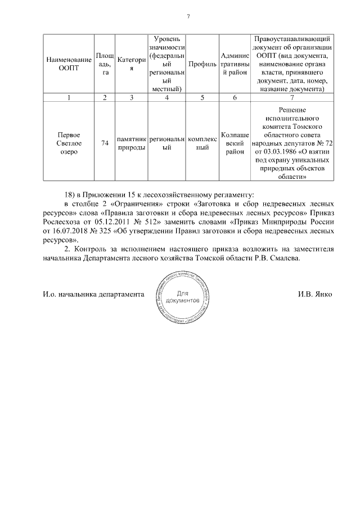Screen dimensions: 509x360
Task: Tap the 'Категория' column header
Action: [131, 64]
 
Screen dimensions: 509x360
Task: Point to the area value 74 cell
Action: [105, 143]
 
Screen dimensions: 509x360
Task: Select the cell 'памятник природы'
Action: [131, 143]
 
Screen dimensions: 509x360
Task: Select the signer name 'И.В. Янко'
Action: [315, 294]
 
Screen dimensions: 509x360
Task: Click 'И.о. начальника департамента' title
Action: [91, 294]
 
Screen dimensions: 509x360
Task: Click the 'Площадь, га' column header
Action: [105, 64]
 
